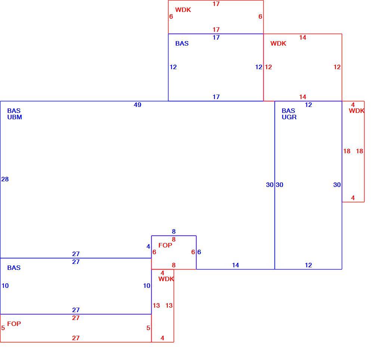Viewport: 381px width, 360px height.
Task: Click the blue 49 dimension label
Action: pyautogui.click(x=137, y=105)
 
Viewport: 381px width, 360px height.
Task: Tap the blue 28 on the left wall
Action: pyautogui.click(x=5, y=179)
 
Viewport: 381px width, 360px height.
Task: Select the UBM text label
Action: pyautogui.click(x=15, y=117)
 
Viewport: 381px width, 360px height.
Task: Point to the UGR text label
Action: pyautogui.click(x=289, y=117)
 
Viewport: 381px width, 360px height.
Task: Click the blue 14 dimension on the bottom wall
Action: pyautogui.click(x=235, y=265)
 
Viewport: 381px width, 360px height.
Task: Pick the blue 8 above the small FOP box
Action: pyautogui.click(x=174, y=231)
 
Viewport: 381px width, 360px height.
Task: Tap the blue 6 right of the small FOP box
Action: pyautogui.click(x=199, y=252)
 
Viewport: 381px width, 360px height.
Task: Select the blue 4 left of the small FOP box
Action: pyautogui.click(x=148, y=246)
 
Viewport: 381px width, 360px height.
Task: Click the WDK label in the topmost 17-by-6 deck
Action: pyautogui.click(x=183, y=10)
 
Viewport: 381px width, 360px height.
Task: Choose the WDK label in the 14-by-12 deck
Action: pyautogui.click(x=278, y=43)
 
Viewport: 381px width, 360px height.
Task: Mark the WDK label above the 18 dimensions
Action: pyautogui.click(x=357, y=111)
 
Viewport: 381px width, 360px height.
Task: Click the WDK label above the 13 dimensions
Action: pyautogui.click(x=166, y=279)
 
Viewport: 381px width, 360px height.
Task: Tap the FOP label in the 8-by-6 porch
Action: pyautogui.click(x=165, y=245)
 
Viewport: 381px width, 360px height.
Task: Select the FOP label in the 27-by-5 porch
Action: pyautogui.click(x=14, y=324)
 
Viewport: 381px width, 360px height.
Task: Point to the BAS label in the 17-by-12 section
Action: pyautogui.click(x=182, y=43)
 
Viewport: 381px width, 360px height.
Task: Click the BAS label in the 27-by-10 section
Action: pyautogui.click(x=14, y=268)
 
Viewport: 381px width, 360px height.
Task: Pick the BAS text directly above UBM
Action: pyautogui.click(x=14, y=111)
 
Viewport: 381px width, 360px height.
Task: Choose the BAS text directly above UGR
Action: pyautogui.click(x=288, y=111)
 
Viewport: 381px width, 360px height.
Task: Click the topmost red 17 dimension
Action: pyautogui.click(x=216, y=4)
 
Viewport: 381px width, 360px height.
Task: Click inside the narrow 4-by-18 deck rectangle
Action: pyautogui.click(x=353, y=170)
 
